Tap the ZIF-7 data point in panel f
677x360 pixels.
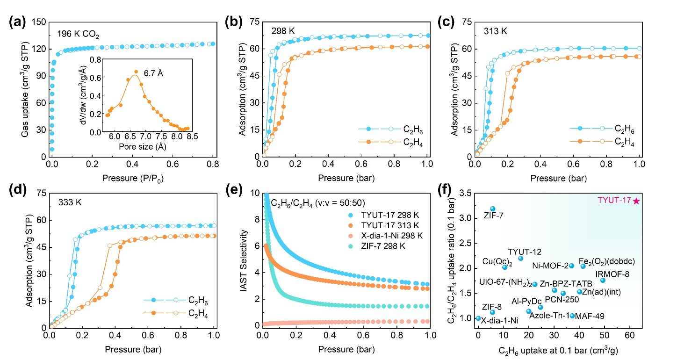coord(492,209)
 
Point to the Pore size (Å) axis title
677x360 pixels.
coord(146,146)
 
